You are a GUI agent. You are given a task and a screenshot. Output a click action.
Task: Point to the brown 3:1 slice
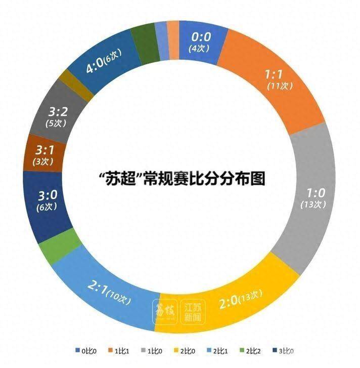point(43,154)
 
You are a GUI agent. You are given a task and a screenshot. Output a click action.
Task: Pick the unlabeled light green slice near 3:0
point(59,243)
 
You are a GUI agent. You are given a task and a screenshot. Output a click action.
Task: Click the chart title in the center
point(182,178)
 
